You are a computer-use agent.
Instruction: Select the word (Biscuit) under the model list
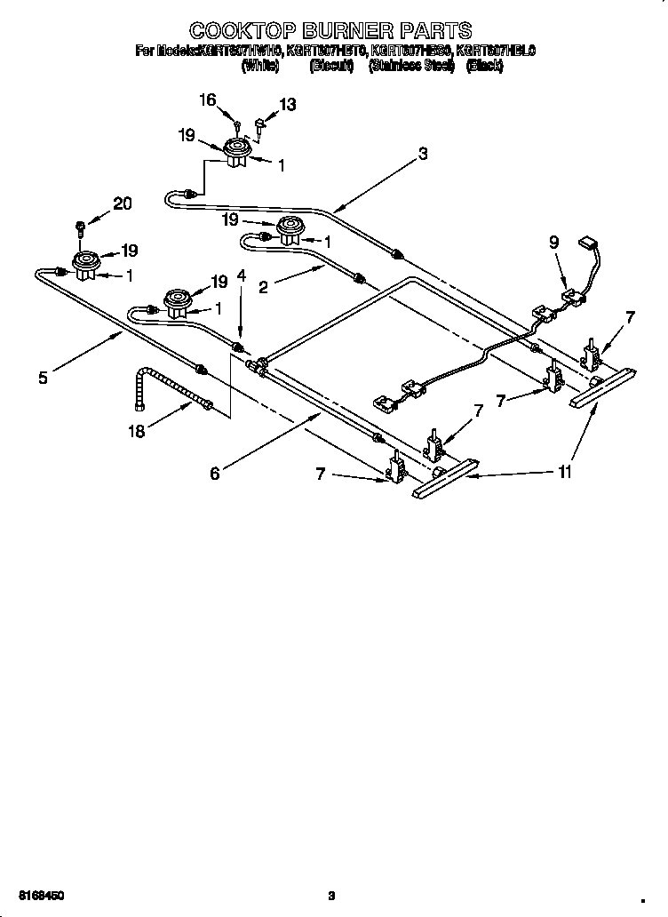click(331, 67)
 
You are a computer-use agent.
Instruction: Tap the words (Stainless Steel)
click(411, 67)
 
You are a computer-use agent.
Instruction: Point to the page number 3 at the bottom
click(330, 895)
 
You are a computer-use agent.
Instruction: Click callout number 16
click(207, 100)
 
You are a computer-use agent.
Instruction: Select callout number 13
click(287, 105)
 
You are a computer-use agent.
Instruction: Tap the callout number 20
click(122, 203)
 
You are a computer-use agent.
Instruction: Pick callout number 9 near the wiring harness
click(554, 240)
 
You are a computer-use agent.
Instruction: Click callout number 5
click(43, 377)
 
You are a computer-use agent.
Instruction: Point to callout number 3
click(423, 154)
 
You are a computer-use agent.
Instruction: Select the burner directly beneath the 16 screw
click(236, 152)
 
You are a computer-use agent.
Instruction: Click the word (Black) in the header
click(484, 67)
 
